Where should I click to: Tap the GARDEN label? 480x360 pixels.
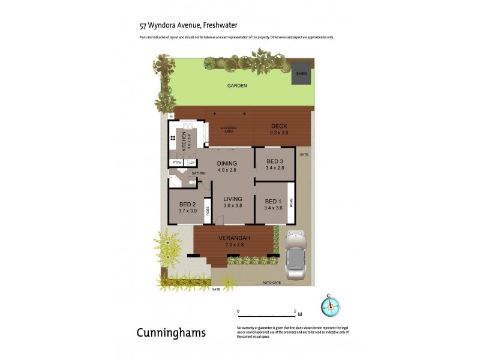[236, 86]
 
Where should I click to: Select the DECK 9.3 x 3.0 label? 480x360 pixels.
[280, 129]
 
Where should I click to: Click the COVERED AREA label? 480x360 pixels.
[229, 130]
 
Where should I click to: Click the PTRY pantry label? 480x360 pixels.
[176, 163]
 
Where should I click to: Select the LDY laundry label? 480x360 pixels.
[191, 163]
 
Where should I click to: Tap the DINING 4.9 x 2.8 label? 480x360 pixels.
[227, 167]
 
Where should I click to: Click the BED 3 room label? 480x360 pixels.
[275, 164]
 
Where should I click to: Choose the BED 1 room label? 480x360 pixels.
[273, 205]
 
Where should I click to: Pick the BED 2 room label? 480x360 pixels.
[188, 208]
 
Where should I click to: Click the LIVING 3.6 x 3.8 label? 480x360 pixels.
[232, 202]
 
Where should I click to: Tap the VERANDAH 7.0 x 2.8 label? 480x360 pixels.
[233, 241]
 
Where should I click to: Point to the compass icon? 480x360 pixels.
[330, 305]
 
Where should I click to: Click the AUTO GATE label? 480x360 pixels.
[271, 282]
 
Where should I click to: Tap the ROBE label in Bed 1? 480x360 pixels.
[290, 203]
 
